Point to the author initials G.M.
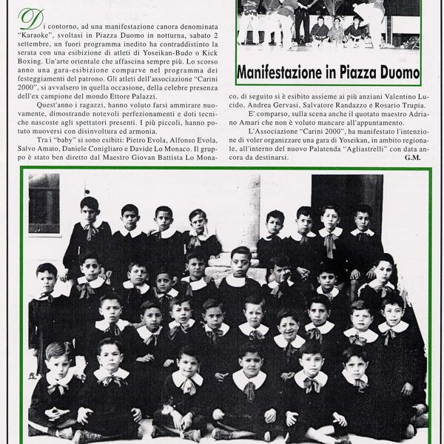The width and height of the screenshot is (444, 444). tap(412, 158)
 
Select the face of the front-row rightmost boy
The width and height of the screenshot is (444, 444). tap(354, 358)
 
